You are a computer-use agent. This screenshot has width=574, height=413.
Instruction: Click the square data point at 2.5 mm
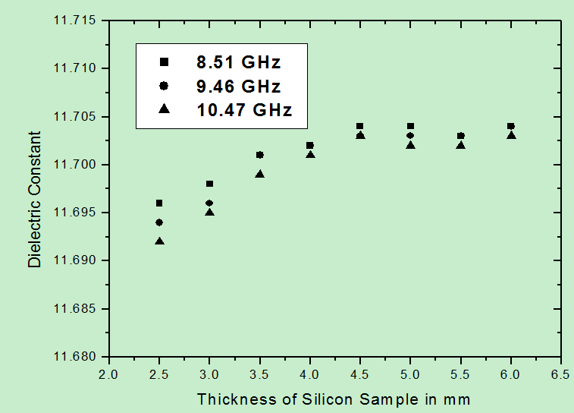(x=159, y=203)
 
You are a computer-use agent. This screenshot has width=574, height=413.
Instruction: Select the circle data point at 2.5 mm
(x=159, y=222)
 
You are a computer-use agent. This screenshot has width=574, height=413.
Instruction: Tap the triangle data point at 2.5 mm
(x=159, y=241)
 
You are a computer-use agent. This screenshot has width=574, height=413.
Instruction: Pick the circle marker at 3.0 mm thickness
(x=209, y=203)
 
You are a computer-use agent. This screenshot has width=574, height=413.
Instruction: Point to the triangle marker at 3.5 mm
(x=260, y=174)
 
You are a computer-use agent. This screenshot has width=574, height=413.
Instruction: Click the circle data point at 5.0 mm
(x=410, y=135)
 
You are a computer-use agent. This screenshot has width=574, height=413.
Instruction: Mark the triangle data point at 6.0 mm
(x=511, y=135)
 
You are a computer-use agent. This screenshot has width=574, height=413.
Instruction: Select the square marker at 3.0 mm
(x=209, y=184)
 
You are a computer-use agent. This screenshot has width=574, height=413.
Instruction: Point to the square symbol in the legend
(x=164, y=61)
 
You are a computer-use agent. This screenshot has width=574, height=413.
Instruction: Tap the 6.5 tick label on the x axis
(x=561, y=374)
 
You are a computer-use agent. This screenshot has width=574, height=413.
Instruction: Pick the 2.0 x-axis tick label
(x=109, y=374)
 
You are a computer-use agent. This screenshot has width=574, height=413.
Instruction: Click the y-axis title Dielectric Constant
(x=35, y=200)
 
